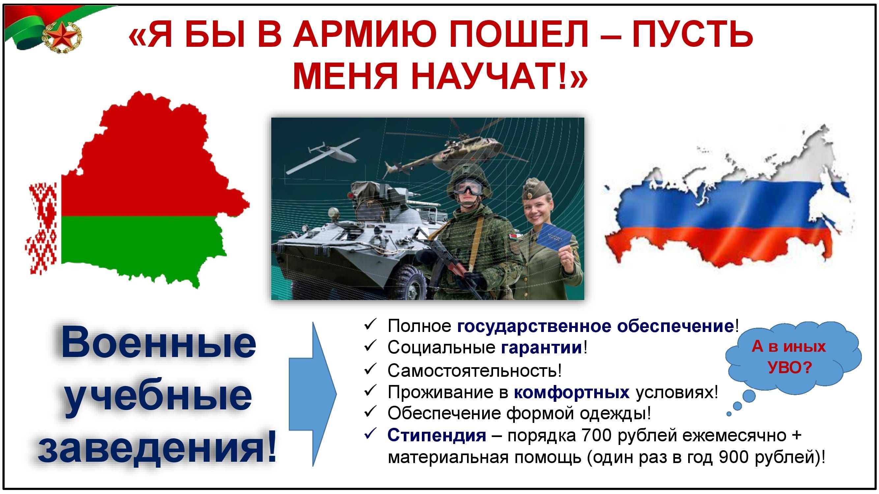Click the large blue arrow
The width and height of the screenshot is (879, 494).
(312, 394)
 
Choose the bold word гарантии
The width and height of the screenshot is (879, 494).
(542, 348)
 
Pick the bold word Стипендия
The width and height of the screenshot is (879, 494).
(437, 435)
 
